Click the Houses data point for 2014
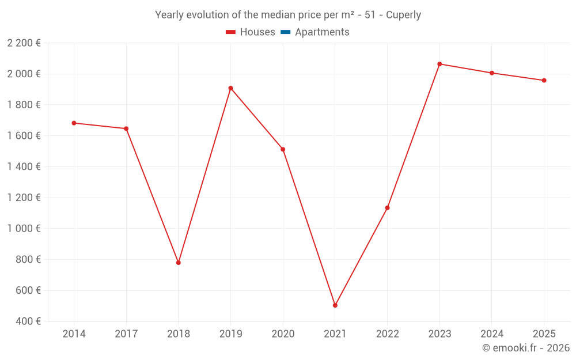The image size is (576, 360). click(x=74, y=123)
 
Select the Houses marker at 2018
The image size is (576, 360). click(x=179, y=263)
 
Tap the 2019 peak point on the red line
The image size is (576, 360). click(x=230, y=88)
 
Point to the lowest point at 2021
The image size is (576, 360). click(x=335, y=305)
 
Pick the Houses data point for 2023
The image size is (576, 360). click(x=439, y=64)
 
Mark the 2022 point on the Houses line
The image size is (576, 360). click(x=387, y=207)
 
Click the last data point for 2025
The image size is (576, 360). click(x=544, y=80)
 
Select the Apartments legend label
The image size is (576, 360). click(x=322, y=32)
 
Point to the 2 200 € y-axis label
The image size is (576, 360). click(x=24, y=43)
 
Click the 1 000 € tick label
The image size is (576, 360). click(x=24, y=228)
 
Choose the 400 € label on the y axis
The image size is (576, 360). click(x=28, y=321)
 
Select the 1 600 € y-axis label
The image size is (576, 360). click(x=24, y=135)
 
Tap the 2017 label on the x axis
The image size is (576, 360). click(x=126, y=334)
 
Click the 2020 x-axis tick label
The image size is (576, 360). click(x=283, y=334)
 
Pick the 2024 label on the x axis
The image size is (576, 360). click(x=492, y=334)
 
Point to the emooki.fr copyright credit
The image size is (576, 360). click(x=526, y=348)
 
